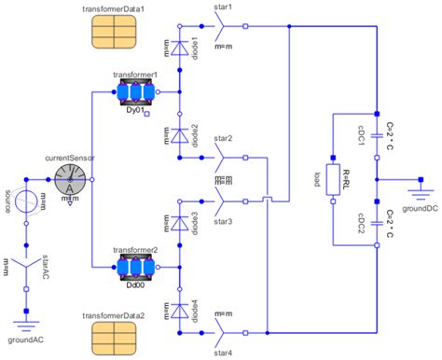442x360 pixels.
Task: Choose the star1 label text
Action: point(224,7)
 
